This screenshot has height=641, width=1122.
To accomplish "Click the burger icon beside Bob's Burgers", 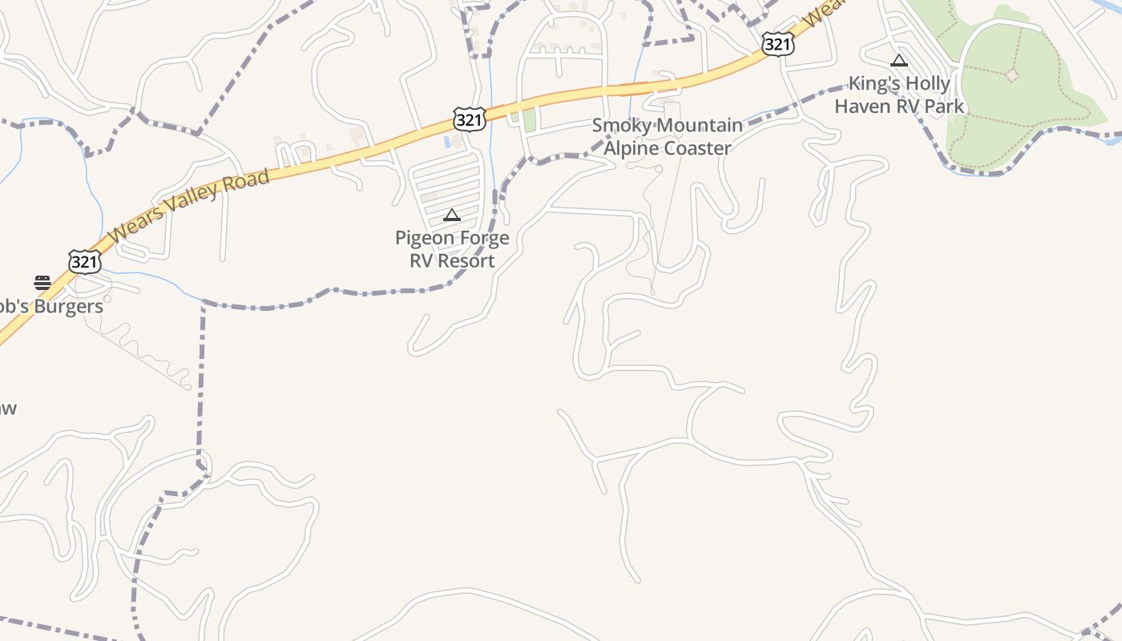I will [x=42, y=282].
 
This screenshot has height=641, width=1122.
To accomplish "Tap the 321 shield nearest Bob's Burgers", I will [x=84, y=261].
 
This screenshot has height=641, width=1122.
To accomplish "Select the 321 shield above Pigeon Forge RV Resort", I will [x=469, y=119].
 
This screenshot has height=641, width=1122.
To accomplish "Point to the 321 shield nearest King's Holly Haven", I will [x=777, y=44].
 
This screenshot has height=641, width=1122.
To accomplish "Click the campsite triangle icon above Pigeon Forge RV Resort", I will [x=452, y=215].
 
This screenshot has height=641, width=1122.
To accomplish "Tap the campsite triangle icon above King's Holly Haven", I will [x=899, y=60].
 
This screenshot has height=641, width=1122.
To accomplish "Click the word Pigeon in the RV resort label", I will [x=424, y=238].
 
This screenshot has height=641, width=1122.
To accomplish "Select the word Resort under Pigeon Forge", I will [x=469, y=260].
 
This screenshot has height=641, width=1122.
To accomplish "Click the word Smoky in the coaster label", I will [x=619, y=126].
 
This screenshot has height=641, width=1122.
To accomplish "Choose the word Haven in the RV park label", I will [x=862, y=106].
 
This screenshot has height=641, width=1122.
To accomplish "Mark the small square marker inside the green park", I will [x=1011, y=75].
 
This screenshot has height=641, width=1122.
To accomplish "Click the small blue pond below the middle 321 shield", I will [x=446, y=142].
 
